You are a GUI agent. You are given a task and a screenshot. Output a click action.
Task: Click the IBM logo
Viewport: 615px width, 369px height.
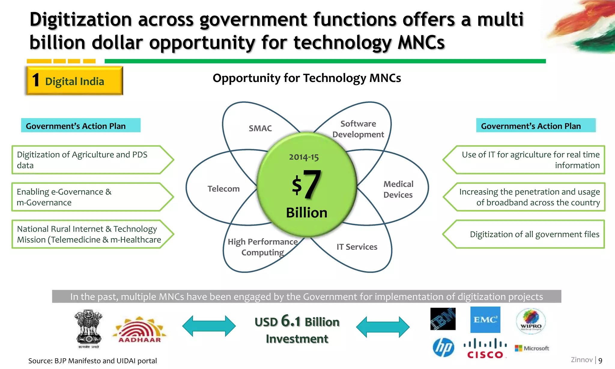click(x=443, y=319)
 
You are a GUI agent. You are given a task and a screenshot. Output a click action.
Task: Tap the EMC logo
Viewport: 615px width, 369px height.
click(x=485, y=319)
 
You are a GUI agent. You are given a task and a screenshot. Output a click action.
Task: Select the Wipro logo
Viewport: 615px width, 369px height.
click(x=531, y=321)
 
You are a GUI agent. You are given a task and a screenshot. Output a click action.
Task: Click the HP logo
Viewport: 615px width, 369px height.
click(x=443, y=347)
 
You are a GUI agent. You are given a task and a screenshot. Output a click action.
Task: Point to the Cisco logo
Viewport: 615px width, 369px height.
click(x=485, y=349)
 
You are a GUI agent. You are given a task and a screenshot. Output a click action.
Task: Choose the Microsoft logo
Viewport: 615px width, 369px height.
click(x=532, y=348)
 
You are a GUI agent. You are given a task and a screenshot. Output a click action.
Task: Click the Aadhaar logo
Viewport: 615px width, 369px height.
click(x=140, y=330)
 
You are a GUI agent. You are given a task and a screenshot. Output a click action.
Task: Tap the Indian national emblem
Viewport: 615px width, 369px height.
click(x=88, y=329)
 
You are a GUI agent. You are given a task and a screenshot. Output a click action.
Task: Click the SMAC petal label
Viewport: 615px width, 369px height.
click(x=260, y=129)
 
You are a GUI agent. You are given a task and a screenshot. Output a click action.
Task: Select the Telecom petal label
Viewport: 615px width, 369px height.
click(x=223, y=189)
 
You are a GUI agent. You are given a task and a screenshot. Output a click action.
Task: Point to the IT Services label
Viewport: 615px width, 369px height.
click(x=357, y=247)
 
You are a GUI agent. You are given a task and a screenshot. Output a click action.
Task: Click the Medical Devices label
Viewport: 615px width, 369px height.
click(x=398, y=189)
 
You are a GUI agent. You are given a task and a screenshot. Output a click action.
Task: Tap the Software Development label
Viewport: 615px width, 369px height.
click(x=358, y=129)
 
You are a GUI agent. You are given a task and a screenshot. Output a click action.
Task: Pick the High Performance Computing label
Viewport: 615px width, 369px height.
click(x=262, y=247)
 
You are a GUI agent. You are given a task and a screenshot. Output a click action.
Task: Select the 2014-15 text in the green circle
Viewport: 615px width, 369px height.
click(x=304, y=157)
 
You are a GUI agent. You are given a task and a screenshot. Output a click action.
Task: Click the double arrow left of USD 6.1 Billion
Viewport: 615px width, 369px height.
click(x=209, y=326)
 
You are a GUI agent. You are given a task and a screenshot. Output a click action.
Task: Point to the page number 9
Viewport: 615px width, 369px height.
click(x=600, y=361)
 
